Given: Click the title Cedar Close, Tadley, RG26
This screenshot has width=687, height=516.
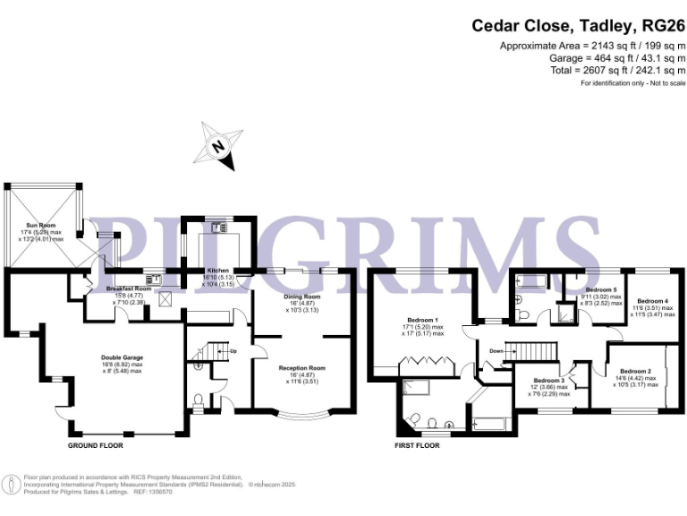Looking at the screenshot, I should click(579, 26).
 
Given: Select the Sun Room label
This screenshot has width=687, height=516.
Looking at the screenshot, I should click(43, 226).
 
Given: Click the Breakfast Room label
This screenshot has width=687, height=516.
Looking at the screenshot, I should click(129, 289).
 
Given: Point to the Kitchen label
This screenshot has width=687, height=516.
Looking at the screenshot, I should click(218, 271).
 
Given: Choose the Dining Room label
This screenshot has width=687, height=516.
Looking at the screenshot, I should click(301, 297).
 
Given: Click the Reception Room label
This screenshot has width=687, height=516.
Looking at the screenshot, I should click(301, 368).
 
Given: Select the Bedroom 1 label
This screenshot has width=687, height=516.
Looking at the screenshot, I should click(422, 321).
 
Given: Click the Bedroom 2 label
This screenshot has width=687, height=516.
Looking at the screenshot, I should click(635, 371).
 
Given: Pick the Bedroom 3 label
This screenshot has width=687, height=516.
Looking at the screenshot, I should click(547, 381).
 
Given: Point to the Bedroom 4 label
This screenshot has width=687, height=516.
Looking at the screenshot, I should click(652, 301).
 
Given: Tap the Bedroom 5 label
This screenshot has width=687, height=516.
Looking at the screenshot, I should click(601, 291).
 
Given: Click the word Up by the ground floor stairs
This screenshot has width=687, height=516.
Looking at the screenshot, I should click(234, 351).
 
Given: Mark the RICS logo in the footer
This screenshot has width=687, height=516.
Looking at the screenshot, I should click(12, 485).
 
